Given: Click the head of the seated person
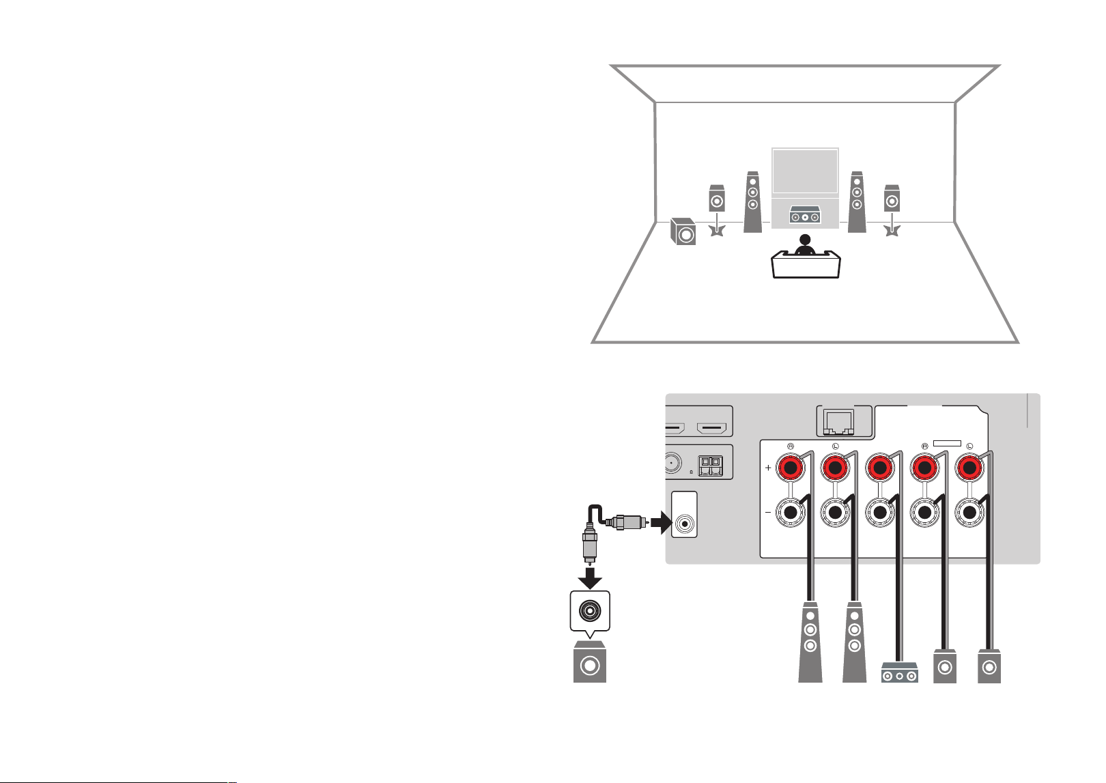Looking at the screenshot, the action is pyautogui.click(x=806, y=240).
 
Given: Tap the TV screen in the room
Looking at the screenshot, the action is pyautogui.click(x=805, y=171).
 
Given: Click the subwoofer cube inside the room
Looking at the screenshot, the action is pyautogui.click(x=683, y=231).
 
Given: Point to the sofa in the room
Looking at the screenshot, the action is pyautogui.click(x=806, y=265).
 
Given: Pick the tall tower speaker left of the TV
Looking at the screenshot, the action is pyautogui.click(x=752, y=202).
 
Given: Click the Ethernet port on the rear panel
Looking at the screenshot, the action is pyautogui.click(x=838, y=422).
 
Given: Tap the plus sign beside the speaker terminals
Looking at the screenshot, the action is pyautogui.click(x=768, y=468).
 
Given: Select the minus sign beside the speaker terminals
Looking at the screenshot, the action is pyautogui.click(x=768, y=513).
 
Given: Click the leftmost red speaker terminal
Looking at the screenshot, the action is pyautogui.click(x=791, y=468).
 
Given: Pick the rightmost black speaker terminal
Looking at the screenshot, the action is pyautogui.click(x=969, y=513).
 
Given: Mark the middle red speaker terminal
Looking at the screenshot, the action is pyautogui.click(x=880, y=468).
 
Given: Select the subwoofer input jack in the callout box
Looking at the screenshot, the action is pyautogui.click(x=590, y=611).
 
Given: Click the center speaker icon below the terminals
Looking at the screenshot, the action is pyautogui.click(x=900, y=673).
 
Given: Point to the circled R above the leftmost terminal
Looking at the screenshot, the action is pyautogui.click(x=791, y=446).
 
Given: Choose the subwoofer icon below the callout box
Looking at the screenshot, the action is pyautogui.click(x=590, y=662).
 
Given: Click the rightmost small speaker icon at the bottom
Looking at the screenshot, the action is pyautogui.click(x=989, y=666).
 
